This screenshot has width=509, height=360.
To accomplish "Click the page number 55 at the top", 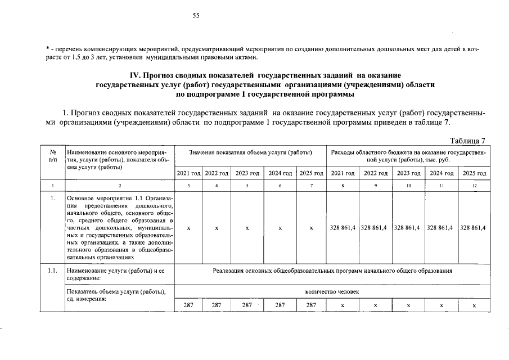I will (x=196, y=16).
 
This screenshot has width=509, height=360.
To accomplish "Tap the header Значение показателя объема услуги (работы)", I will (x=250, y=152).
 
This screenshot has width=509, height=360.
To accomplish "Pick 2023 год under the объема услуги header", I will (x=247, y=173).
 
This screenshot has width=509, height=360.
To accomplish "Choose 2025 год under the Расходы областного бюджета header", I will (x=474, y=173).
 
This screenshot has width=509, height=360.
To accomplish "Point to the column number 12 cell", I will (x=474, y=184).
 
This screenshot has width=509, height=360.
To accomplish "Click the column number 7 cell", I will (x=311, y=184).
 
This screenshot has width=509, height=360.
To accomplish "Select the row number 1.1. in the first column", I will (x=52, y=271).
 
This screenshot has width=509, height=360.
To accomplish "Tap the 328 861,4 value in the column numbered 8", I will (x=342, y=228).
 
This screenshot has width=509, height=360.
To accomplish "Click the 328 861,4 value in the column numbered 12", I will (x=474, y=228).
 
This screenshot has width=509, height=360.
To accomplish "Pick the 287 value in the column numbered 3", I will (x=188, y=305).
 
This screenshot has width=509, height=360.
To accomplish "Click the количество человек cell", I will (x=332, y=292).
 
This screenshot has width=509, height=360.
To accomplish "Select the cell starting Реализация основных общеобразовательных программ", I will (x=332, y=271).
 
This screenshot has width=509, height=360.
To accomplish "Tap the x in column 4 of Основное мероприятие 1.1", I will (x=217, y=228).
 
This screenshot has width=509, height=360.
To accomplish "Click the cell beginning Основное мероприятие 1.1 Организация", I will (x=119, y=228).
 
